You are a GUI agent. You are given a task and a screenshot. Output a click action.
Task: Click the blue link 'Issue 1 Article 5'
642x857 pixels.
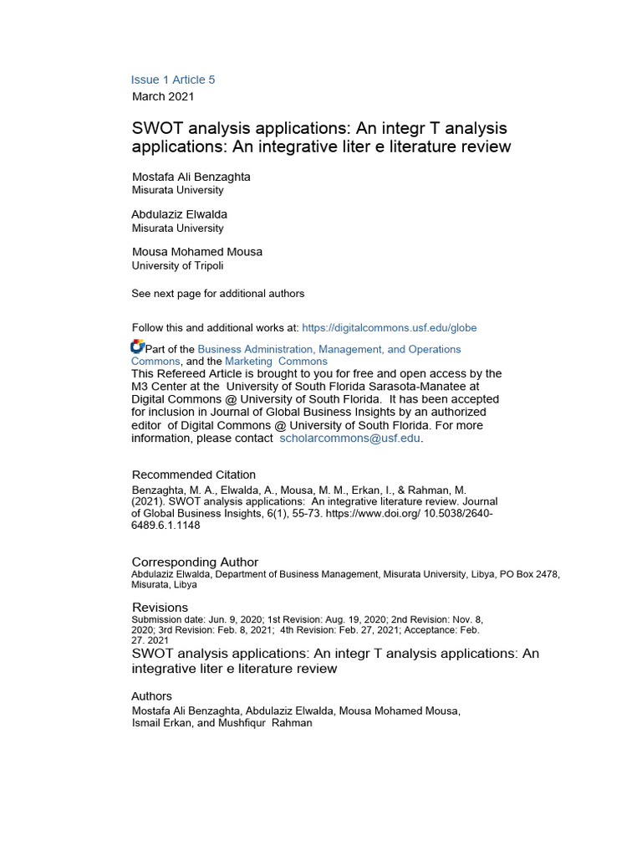(173, 80)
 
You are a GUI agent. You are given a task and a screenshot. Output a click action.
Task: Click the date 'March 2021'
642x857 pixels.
(163, 96)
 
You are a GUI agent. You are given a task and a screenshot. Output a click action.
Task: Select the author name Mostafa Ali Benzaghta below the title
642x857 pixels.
(191, 177)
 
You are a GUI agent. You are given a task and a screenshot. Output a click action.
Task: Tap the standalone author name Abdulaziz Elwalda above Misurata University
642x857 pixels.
(179, 214)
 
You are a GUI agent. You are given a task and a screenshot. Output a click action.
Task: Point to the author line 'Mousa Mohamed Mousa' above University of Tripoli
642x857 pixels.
(197, 252)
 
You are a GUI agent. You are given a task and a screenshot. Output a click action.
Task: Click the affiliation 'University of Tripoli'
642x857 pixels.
(177, 266)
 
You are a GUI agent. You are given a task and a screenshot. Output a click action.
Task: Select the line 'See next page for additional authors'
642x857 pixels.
(218, 294)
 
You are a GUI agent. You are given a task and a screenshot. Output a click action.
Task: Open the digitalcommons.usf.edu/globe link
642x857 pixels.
(389, 328)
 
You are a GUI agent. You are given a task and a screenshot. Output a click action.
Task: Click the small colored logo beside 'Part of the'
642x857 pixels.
(138, 346)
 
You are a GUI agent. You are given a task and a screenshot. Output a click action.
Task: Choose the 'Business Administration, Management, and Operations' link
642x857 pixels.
(329, 349)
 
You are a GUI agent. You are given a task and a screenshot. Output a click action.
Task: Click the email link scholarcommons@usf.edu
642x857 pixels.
(350, 438)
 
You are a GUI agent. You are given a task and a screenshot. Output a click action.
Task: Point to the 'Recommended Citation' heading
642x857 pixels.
(194, 475)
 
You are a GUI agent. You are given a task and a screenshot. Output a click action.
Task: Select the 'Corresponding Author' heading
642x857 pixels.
(195, 562)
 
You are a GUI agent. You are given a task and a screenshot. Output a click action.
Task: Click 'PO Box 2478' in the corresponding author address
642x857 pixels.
(529, 574)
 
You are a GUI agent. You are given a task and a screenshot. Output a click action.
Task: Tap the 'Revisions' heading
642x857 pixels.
(160, 607)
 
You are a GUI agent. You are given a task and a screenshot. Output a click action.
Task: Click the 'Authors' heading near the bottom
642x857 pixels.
(151, 696)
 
